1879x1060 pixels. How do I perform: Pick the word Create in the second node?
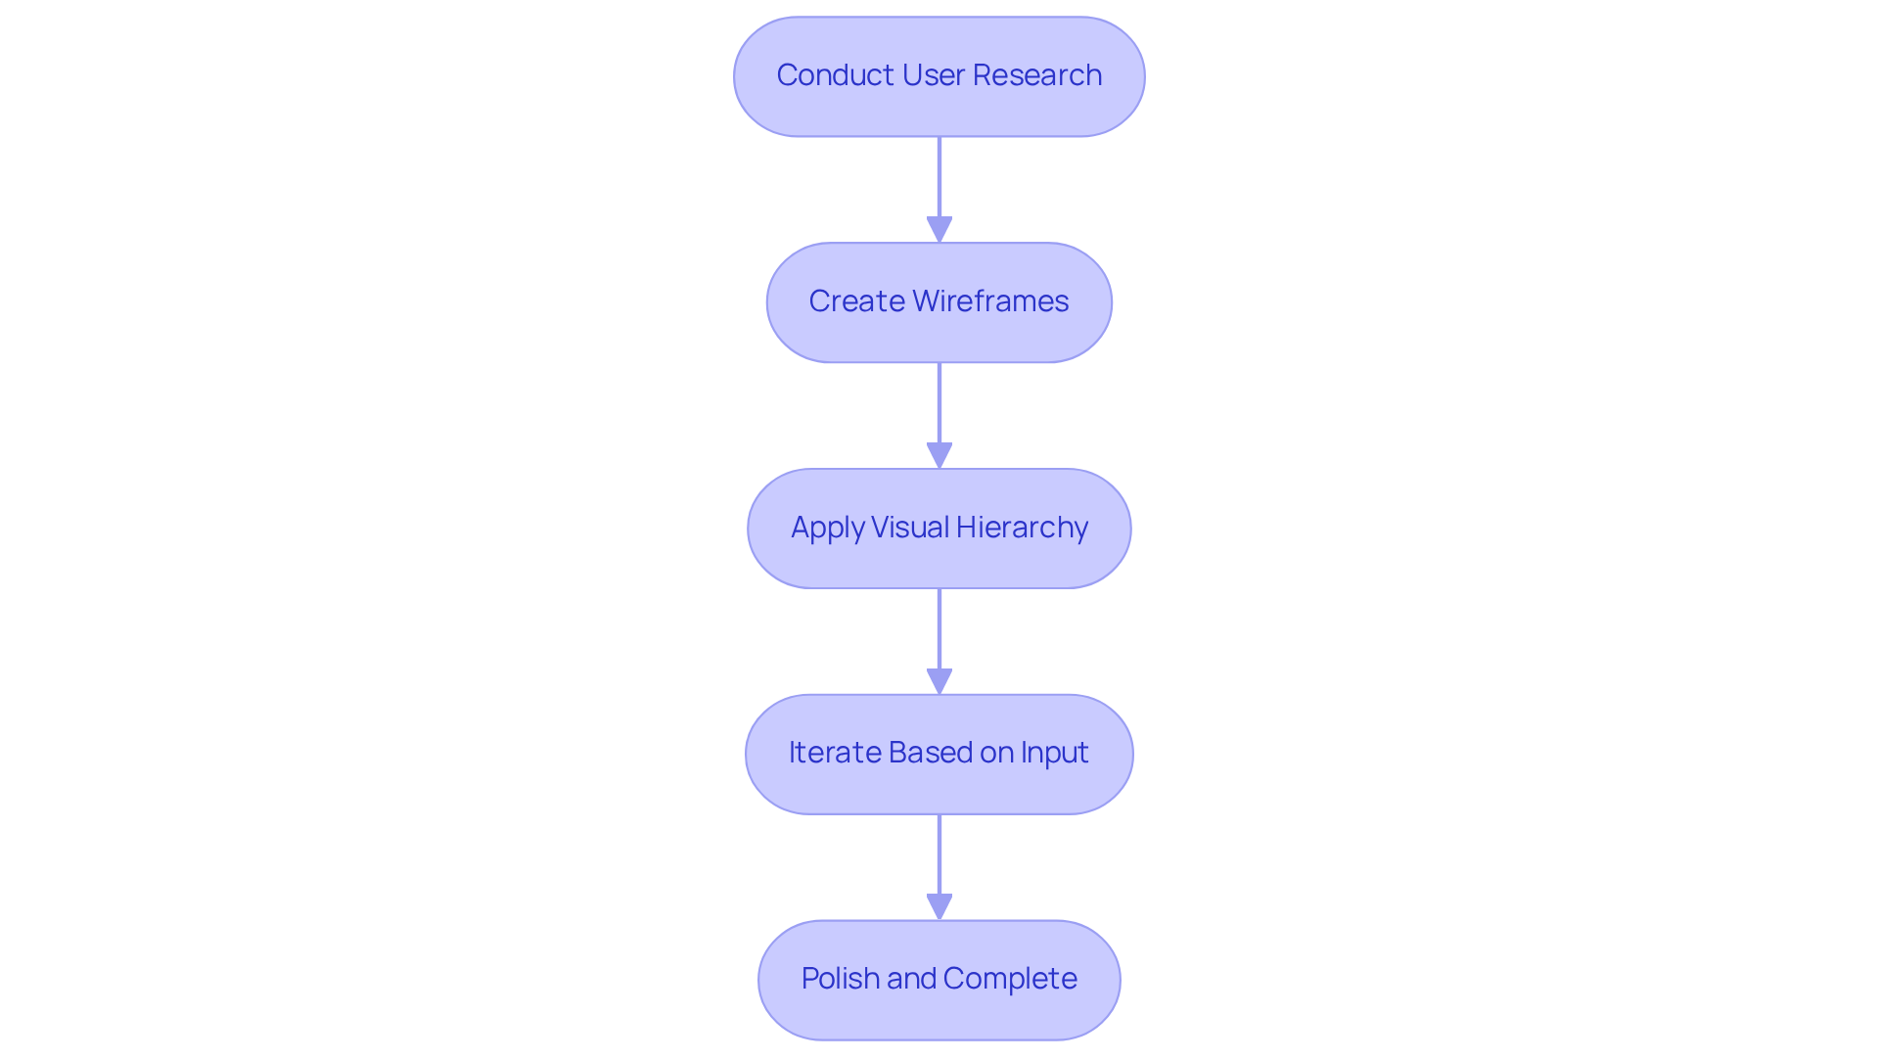[x=855, y=301]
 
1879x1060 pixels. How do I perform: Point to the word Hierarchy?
[x=1022, y=528]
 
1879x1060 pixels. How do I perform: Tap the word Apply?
[x=827, y=528]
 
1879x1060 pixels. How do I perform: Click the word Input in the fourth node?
[x=1054, y=753]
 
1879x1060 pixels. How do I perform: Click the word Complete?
[x=1010, y=979]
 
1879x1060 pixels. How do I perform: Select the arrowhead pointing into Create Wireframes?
[x=939, y=229]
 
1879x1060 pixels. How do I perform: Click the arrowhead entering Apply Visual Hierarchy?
[x=939, y=455]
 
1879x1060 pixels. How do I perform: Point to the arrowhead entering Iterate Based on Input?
[x=939, y=681]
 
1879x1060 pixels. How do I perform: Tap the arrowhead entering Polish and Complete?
[x=939, y=906]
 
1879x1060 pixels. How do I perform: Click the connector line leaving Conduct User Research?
[x=939, y=176]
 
